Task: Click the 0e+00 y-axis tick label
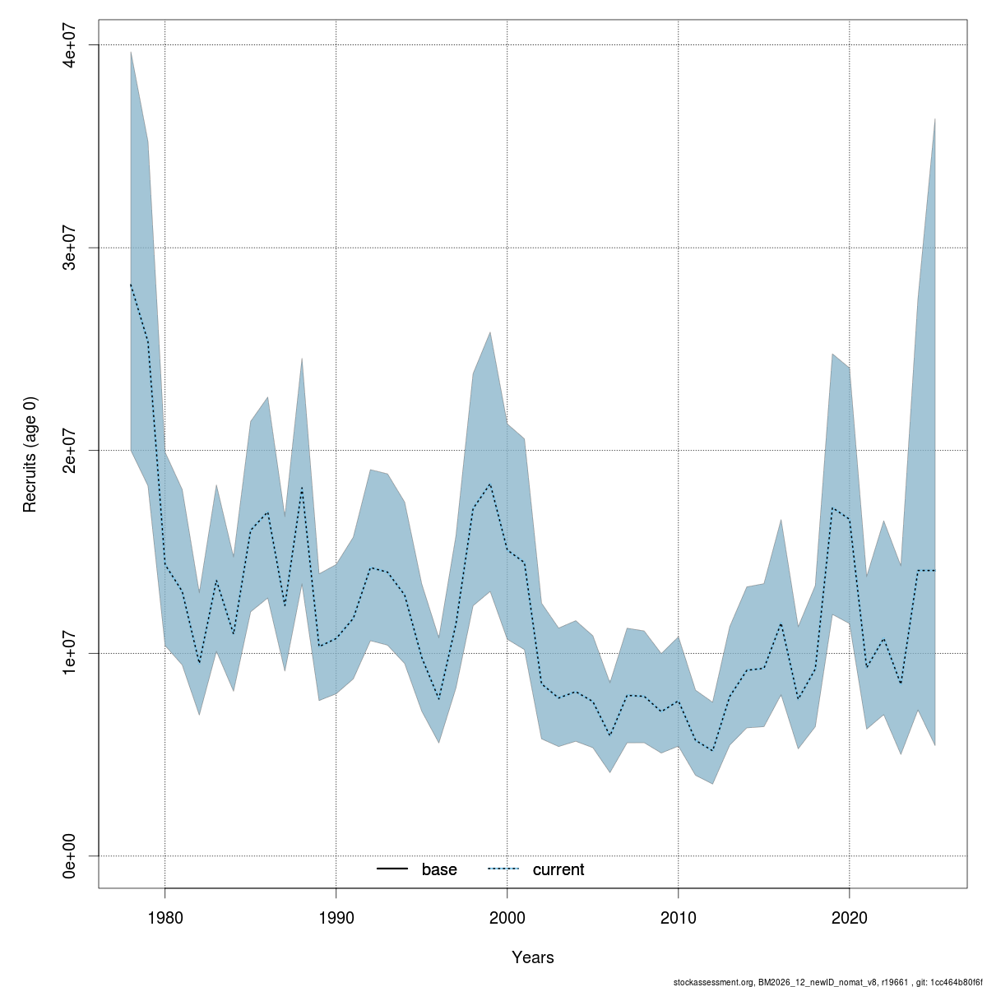[71, 855]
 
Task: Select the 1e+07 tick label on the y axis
[71, 653]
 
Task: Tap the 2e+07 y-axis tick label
[71, 450]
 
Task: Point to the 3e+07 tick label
[71, 248]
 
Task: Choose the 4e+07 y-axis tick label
[71, 44]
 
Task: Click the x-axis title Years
[533, 957]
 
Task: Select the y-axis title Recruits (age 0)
[30, 454]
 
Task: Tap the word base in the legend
[439, 869]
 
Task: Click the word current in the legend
[558, 869]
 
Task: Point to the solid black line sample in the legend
[393, 869]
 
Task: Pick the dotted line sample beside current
[504, 869]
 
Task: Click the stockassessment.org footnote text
[827, 982]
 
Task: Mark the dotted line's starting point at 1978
[131, 285]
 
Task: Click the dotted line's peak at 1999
[490, 484]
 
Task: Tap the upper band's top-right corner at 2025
[935, 118]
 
